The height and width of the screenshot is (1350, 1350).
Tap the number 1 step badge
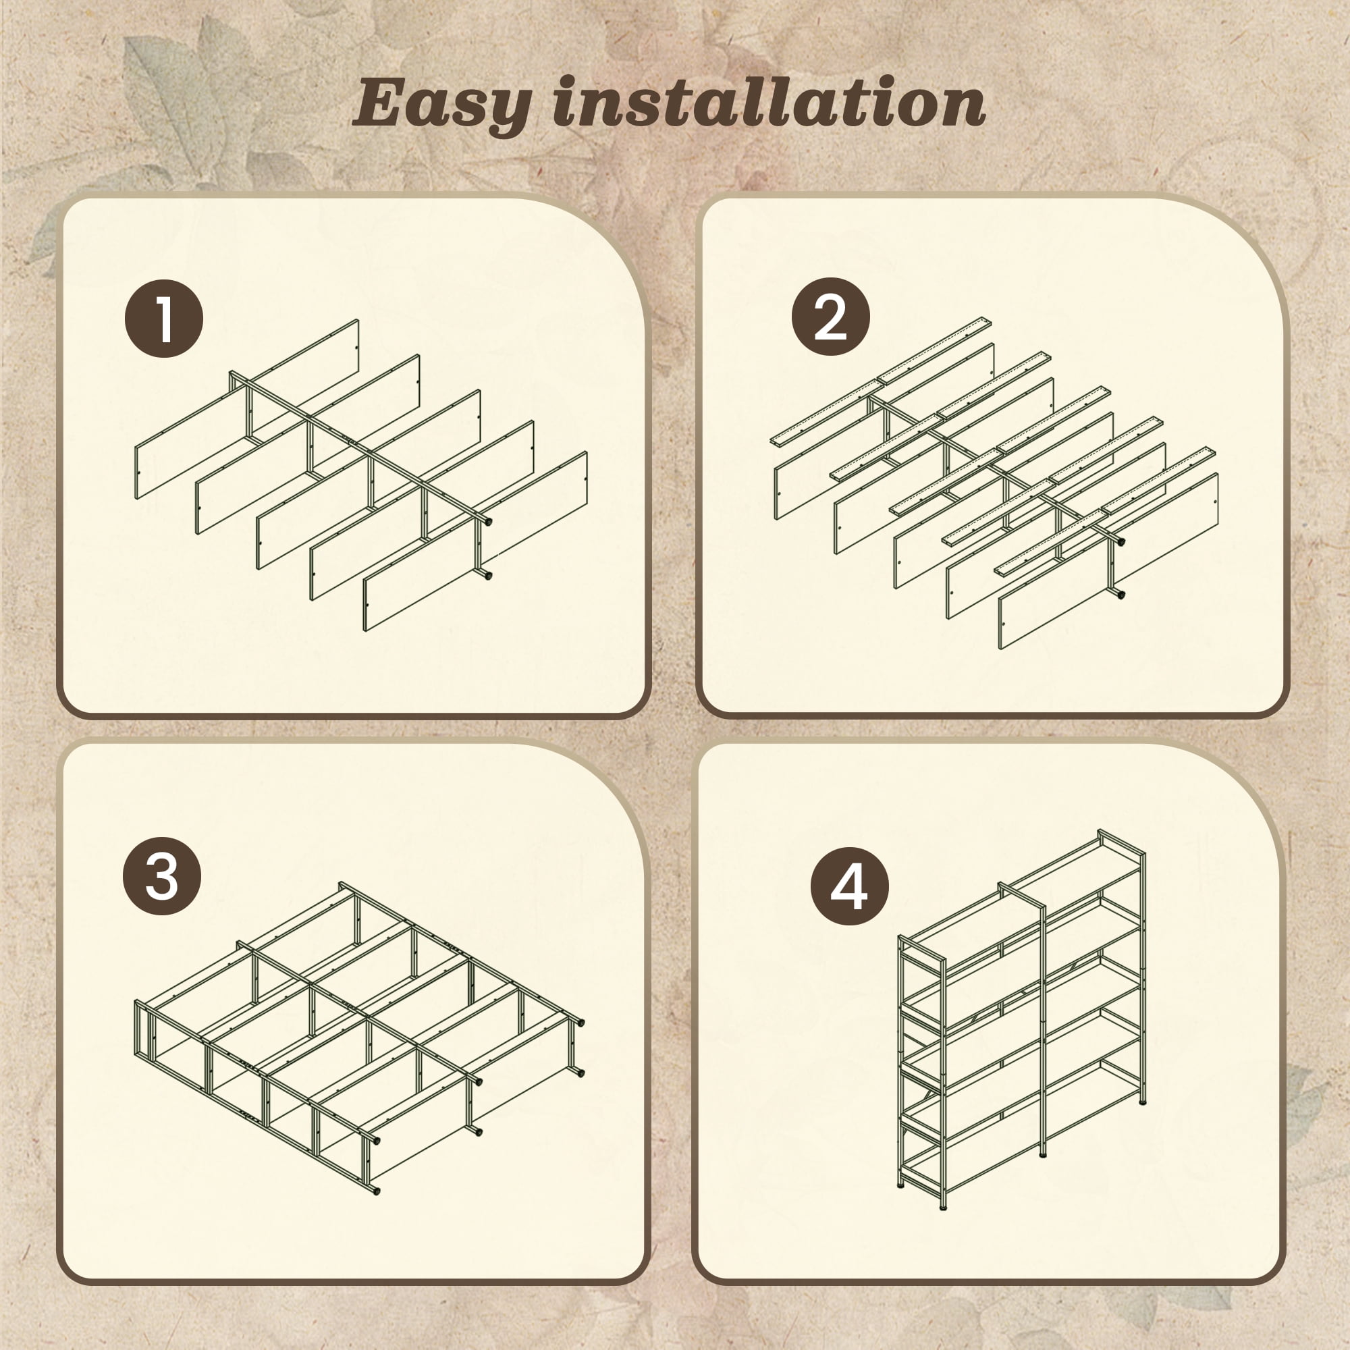click(164, 319)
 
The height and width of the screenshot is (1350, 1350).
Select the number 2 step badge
click(831, 317)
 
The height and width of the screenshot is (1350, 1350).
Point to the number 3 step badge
click(162, 876)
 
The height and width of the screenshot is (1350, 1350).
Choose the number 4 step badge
click(850, 887)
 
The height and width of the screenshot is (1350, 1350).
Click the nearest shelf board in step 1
click(475, 541)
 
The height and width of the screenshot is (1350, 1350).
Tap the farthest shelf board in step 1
click(246, 409)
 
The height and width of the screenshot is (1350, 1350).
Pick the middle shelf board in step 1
click(369, 479)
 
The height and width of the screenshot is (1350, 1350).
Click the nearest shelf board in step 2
click(1109, 561)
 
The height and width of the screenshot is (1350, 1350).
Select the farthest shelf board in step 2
click(885, 431)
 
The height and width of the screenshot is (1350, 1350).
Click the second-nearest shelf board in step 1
click(422, 510)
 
